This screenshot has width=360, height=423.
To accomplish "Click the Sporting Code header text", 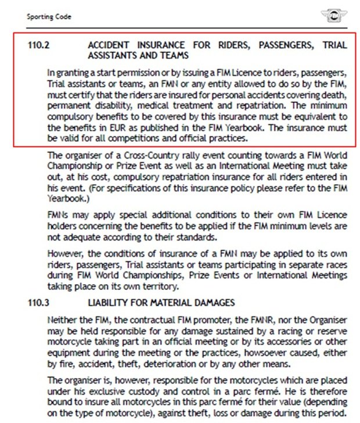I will (49, 17).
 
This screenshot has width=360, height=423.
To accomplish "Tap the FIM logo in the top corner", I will (333, 16).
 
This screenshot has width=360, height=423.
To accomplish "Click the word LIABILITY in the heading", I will (109, 303).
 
